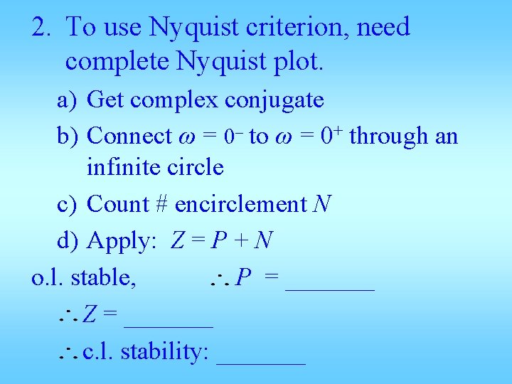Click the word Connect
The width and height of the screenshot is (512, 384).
tap(129, 135)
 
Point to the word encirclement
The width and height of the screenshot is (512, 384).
tap(240, 205)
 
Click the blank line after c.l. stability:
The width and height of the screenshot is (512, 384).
tap(261, 362)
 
